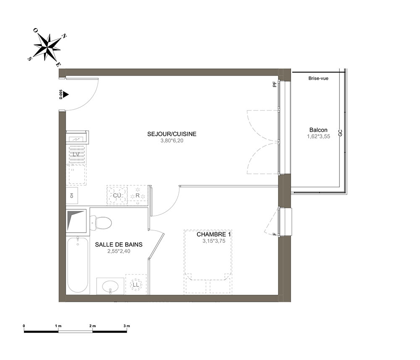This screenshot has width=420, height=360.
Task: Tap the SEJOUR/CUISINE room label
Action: point(172,134)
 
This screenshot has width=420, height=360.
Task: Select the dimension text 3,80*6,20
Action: point(172,141)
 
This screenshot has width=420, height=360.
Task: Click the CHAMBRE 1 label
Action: point(213,234)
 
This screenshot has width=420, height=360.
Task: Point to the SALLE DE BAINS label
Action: point(119,244)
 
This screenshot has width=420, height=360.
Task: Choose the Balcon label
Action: point(318,130)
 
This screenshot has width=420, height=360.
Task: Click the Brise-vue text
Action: point(318,79)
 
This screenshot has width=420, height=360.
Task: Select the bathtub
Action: point(78,265)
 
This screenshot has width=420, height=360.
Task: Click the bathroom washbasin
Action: point(110,286)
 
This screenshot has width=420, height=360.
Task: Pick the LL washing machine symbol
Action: point(136,285)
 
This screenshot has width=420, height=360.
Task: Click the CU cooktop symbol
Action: point(117,195)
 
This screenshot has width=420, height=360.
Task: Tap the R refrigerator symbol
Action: point(138,195)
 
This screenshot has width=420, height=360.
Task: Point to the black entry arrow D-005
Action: point(66,95)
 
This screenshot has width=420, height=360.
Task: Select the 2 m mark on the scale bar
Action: point(92,326)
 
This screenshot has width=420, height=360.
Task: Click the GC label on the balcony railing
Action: point(341,133)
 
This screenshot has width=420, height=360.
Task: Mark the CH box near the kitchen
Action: point(72,196)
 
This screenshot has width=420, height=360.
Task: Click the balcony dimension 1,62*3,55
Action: point(318,137)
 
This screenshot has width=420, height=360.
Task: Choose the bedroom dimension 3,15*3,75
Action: point(214,241)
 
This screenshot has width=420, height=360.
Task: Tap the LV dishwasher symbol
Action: point(76,154)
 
